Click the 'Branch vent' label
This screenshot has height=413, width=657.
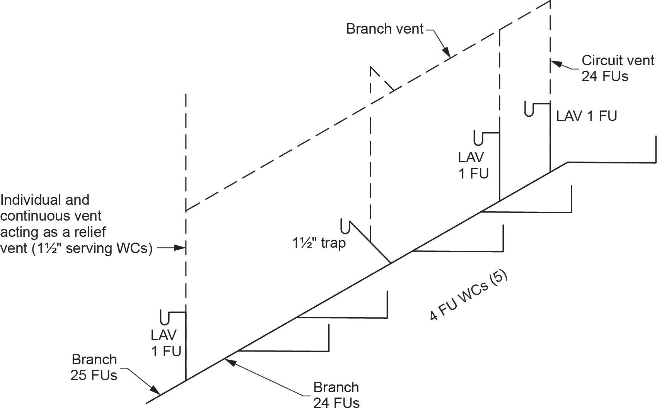385,29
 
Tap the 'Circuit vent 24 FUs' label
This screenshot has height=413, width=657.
618,68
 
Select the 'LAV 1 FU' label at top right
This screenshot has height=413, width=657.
586,116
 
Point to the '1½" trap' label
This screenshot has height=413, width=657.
319,243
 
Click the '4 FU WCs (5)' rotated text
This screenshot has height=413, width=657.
468,297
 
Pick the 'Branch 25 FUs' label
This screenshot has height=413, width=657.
94,367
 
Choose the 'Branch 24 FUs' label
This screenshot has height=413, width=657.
336,395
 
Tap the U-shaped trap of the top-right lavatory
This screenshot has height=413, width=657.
530,109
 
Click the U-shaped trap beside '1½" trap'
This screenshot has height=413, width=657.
345,226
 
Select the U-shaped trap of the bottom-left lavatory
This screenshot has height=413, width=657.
165,318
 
